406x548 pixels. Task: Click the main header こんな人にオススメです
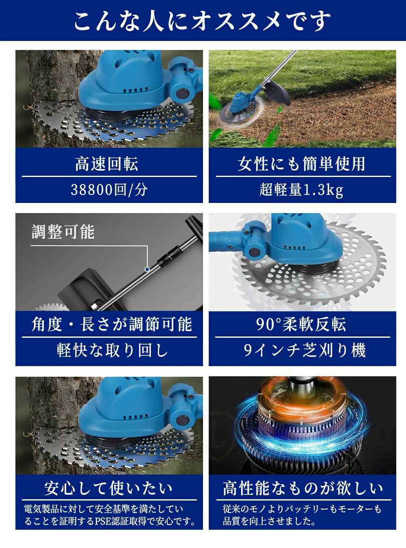(202, 21)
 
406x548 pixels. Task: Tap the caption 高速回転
(107, 164)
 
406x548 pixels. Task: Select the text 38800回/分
(109, 190)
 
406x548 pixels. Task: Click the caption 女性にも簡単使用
(302, 164)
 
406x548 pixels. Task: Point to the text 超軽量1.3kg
(301, 190)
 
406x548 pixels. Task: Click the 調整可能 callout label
(63, 232)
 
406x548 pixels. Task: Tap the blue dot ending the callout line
(147, 269)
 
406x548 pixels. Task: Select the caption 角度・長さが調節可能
(112, 324)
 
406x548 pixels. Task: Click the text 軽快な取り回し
(112, 350)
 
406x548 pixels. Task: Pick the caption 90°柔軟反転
(301, 324)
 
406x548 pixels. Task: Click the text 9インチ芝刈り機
(304, 350)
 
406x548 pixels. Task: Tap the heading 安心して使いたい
(108, 488)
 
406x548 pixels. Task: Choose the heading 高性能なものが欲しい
(303, 488)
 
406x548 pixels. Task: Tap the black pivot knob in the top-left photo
(183, 93)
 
